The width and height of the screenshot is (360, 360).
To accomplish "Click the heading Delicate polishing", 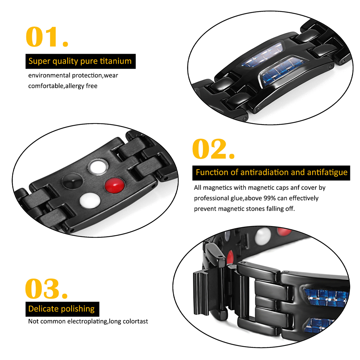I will click(x=62, y=309).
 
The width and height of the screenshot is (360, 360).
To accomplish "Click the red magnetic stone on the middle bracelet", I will click(x=114, y=186).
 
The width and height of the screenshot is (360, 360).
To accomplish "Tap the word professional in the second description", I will click(x=212, y=198).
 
